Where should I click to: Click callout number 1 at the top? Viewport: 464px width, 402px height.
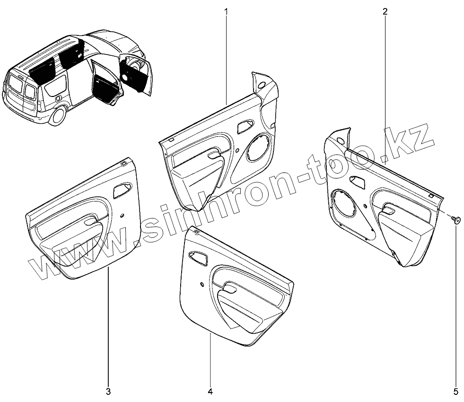pos(226,11)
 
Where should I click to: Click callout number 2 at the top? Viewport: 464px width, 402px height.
pos(385,11)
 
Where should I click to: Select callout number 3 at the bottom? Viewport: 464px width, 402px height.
pos(108,391)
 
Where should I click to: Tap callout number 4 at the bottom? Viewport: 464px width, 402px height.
pos(210,391)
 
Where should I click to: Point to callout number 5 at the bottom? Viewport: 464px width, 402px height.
pos(456,391)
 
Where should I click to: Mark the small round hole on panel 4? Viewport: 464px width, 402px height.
pos(202,284)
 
